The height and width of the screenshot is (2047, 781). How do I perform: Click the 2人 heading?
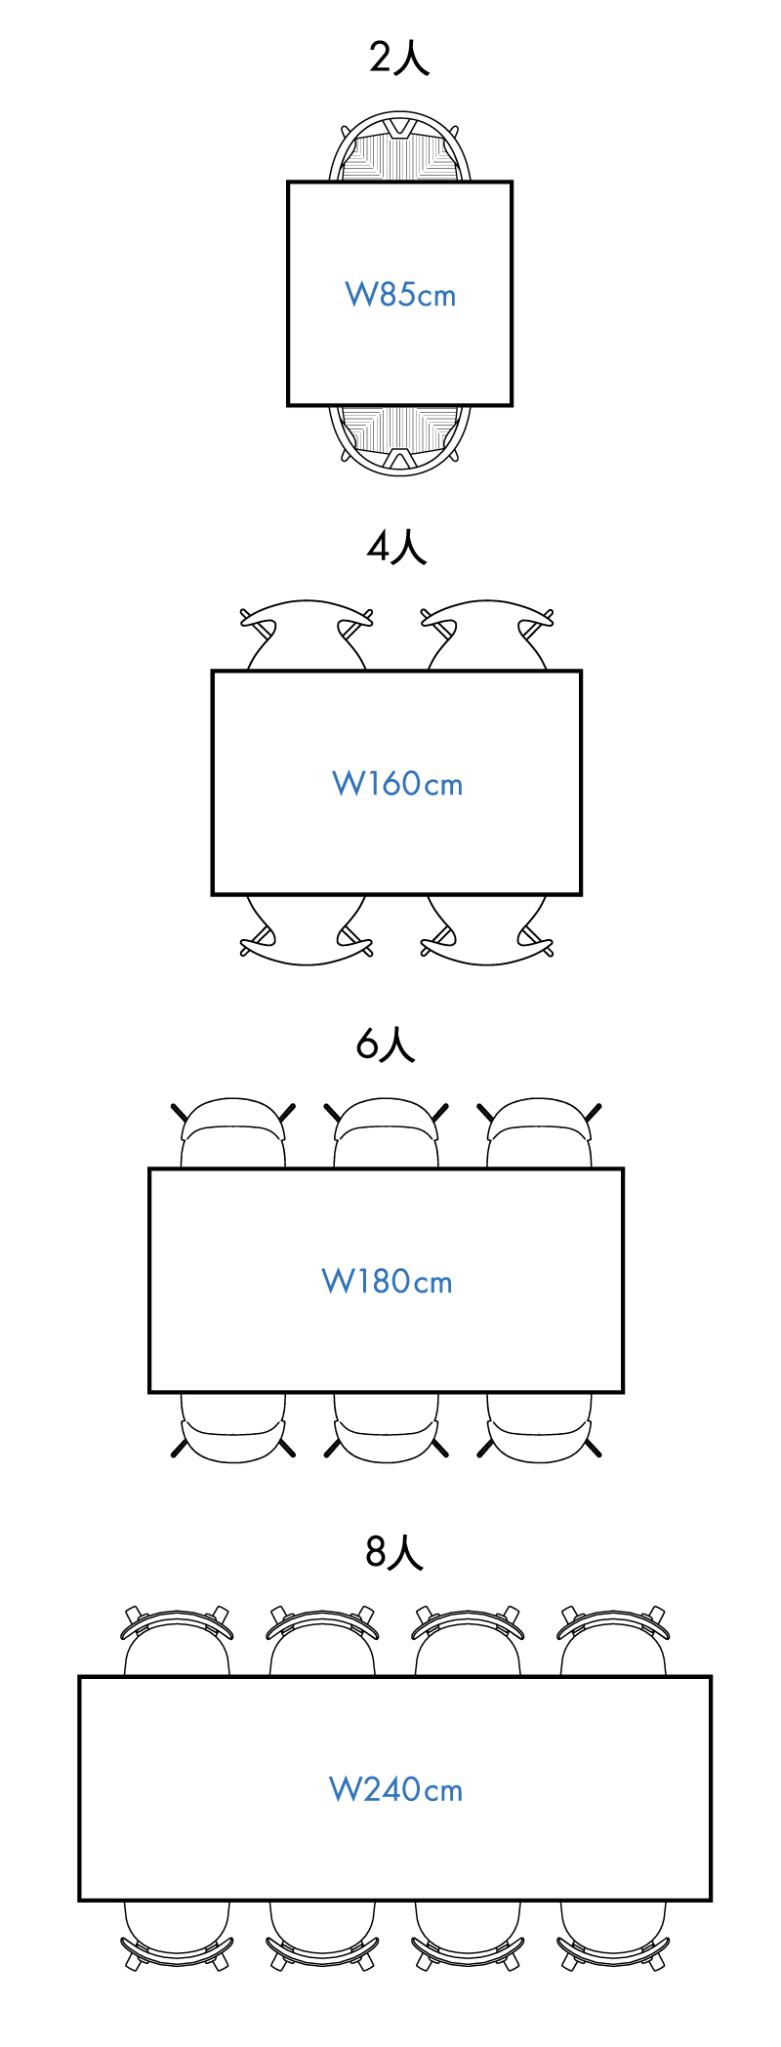point(399,59)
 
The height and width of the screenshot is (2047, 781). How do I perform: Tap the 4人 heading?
point(396,548)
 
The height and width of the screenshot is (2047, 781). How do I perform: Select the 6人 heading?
point(386,1044)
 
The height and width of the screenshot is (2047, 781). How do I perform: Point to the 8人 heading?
point(394,1552)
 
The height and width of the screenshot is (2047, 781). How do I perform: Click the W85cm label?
point(400,294)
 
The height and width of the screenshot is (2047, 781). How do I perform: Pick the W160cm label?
point(397,783)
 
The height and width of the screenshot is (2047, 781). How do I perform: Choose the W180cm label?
point(387,1281)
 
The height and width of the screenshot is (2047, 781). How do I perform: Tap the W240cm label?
point(395,1789)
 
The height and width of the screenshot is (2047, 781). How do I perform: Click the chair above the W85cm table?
point(400,148)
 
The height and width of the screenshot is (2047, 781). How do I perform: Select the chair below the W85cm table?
point(400,438)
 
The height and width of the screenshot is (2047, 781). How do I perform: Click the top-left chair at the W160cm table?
point(307,635)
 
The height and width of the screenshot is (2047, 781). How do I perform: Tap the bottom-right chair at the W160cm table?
point(487,931)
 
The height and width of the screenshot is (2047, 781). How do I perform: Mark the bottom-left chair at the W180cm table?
point(233,1427)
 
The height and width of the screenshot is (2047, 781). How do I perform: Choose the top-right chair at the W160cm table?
point(487,635)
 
